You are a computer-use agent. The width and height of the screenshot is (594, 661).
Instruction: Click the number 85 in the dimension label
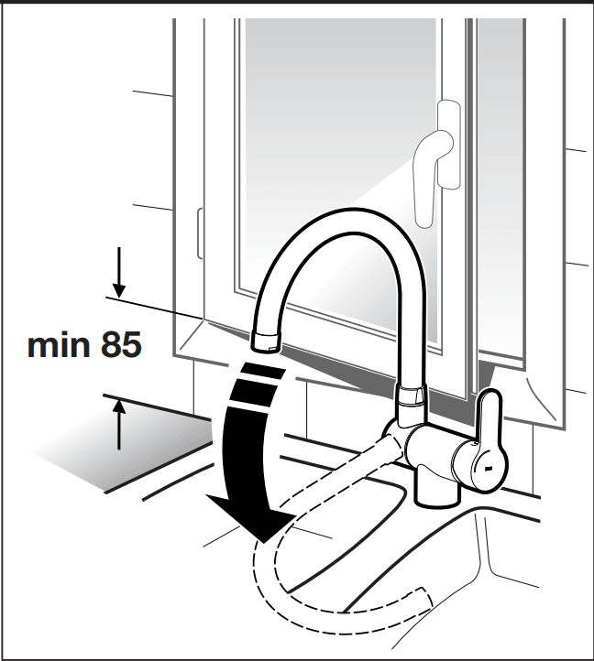[115, 347]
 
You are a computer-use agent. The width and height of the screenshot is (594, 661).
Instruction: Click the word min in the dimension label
[56, 347]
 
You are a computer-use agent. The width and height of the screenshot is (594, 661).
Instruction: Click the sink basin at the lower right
[513, 586]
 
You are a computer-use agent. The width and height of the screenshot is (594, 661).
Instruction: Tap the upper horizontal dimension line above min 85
[156, 306]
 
